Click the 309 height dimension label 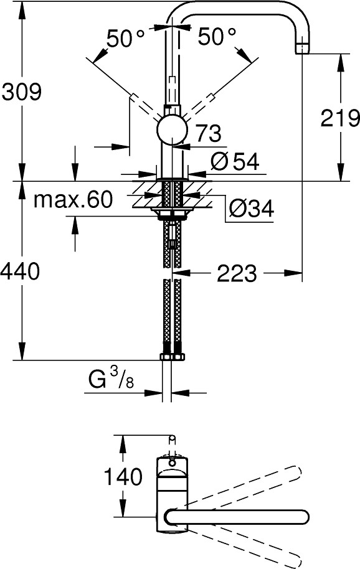click(22, 92)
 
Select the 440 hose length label click(19, 271)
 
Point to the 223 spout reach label click(237, 273)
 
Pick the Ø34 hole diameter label click(252, 209)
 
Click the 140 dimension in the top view click(123, 476)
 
